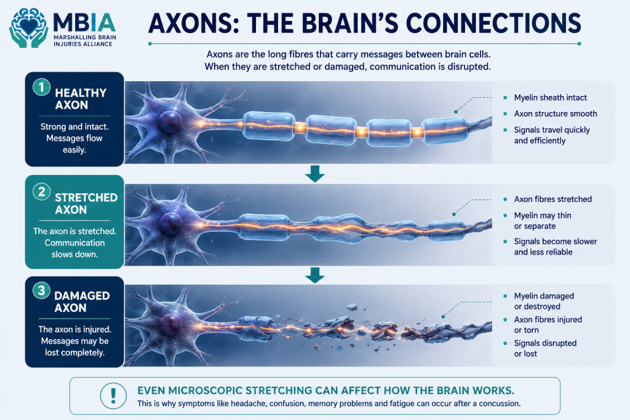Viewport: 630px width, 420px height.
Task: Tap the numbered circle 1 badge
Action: [x=41, y=87]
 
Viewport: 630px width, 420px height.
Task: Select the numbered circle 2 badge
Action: [x=41, y=191]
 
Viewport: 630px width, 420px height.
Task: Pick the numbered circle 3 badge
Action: [x=41, y=290]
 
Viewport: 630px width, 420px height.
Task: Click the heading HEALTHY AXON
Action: [x=81, y=99]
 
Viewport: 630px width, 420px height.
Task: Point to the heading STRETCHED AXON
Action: [x=86, y=204]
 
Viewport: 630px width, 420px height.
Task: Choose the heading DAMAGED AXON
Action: [x=82, y=301]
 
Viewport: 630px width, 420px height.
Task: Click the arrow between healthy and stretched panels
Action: [x=315, y=173]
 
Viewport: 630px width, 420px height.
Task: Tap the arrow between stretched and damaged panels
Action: [x=315, y=275]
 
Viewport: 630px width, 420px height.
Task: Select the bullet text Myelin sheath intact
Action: [x=551, y=98]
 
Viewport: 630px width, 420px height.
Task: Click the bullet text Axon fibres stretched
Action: [x=553, y=199]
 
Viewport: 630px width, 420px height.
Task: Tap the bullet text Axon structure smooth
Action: [x=556, y=114]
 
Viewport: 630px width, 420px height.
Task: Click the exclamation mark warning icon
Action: [x=113, y=395]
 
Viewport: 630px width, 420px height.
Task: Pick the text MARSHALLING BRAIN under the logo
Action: [x=85, y=38]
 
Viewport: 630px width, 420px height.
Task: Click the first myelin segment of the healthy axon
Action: [x=269, y=126]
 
